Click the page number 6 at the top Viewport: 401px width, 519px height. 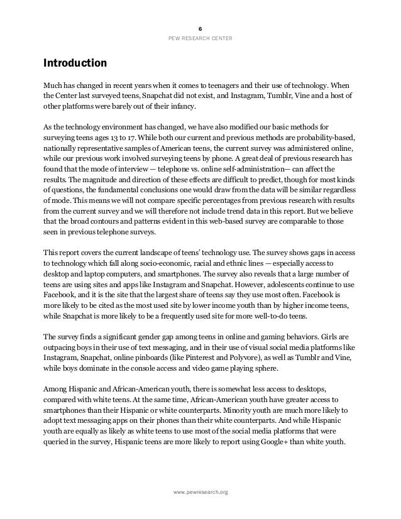pyautogui.click(x=200, y=30)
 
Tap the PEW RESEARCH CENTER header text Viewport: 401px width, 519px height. pyautogui.click(x=200, y=39)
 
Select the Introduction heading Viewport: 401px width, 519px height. pyautogui.click(x=74, y=63)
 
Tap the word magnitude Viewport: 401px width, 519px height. pyautogui.click(x=91, y=180)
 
